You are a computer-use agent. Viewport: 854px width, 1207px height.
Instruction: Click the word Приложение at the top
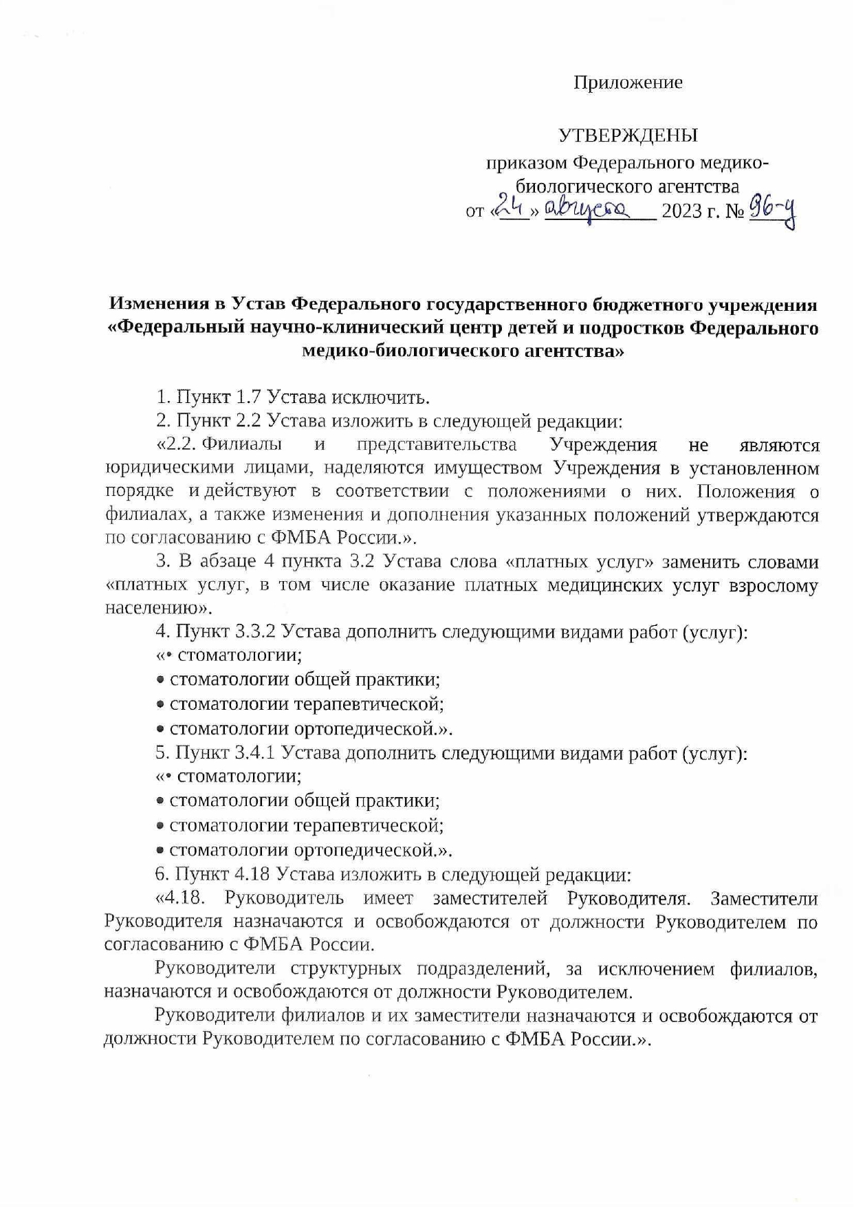[628, 83]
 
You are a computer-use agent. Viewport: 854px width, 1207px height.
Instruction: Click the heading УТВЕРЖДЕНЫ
[627, 135]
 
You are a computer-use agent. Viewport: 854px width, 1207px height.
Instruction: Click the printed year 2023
[685, 211]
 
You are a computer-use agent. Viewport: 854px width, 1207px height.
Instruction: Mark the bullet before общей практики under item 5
[160, 802]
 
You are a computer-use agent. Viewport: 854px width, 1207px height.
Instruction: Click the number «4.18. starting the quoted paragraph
[182, 899]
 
